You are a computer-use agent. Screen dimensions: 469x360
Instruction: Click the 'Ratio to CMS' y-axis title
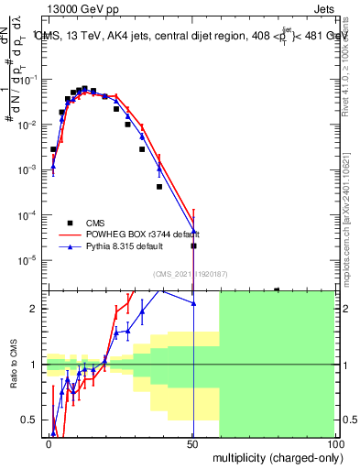click(13, 365)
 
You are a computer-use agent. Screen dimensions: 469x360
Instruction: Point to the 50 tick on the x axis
click(192, 442)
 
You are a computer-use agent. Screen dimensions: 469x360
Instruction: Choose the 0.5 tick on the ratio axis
click(30, 420)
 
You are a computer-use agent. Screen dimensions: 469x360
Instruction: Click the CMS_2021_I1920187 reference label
click(191, 274)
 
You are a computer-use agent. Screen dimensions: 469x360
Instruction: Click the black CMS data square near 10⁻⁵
click(193, 245)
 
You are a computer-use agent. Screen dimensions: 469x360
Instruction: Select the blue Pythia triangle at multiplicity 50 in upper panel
click(193, 232)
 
